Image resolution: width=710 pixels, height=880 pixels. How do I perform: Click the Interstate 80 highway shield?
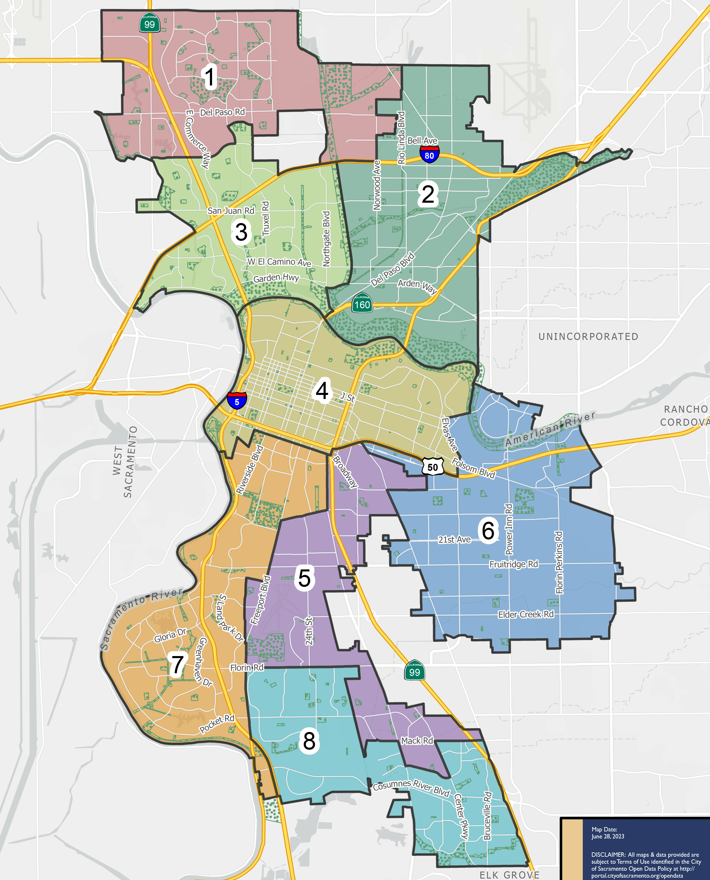pos(429,155)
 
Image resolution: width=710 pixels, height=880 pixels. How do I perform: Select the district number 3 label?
pos(241,232)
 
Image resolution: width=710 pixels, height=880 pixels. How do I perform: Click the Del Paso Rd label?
pos(222,112)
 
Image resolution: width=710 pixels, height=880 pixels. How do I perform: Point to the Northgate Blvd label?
pos(326,239)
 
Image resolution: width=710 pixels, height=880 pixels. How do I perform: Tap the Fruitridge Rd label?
pos(514,564)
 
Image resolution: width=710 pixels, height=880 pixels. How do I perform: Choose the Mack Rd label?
pos(417,741)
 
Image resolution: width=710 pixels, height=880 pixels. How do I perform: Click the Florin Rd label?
pos(247,668)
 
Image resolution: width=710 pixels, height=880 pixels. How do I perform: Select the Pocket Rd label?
pos(217,724)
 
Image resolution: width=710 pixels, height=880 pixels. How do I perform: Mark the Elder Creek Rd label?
pos(526,614)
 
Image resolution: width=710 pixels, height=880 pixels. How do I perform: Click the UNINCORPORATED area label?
pos(588,336)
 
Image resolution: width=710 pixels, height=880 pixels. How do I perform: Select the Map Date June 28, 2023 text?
pos(608,833)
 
